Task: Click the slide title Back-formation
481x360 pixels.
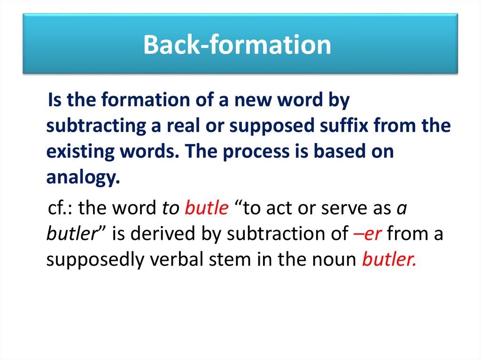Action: click(x=237, y=45)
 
